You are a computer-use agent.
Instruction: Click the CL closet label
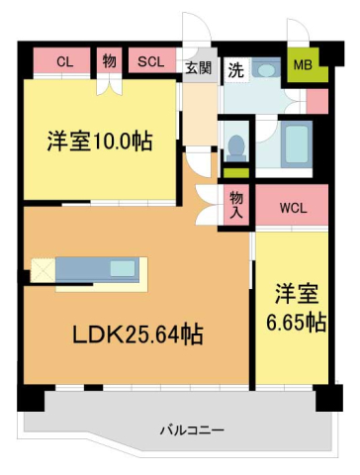[64, 61]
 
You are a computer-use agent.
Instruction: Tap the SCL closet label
[150, 61]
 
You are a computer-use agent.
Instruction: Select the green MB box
[302, 66]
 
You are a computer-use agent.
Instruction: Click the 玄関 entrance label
[198, 68]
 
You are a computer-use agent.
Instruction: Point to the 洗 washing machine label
[235, 69]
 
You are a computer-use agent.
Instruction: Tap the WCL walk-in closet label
[292, 208]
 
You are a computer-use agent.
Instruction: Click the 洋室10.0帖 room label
[99, 142]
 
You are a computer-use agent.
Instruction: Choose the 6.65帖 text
[296, 322]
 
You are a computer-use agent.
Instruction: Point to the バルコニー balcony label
[192, 430]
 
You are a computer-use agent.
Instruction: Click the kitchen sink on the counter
[123, 268]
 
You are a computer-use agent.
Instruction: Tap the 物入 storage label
[236, 205]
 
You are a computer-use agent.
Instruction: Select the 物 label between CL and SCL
[109, 61]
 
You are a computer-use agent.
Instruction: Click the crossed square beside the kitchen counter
[44, 269]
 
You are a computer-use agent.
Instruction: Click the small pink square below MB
[316, 100]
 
